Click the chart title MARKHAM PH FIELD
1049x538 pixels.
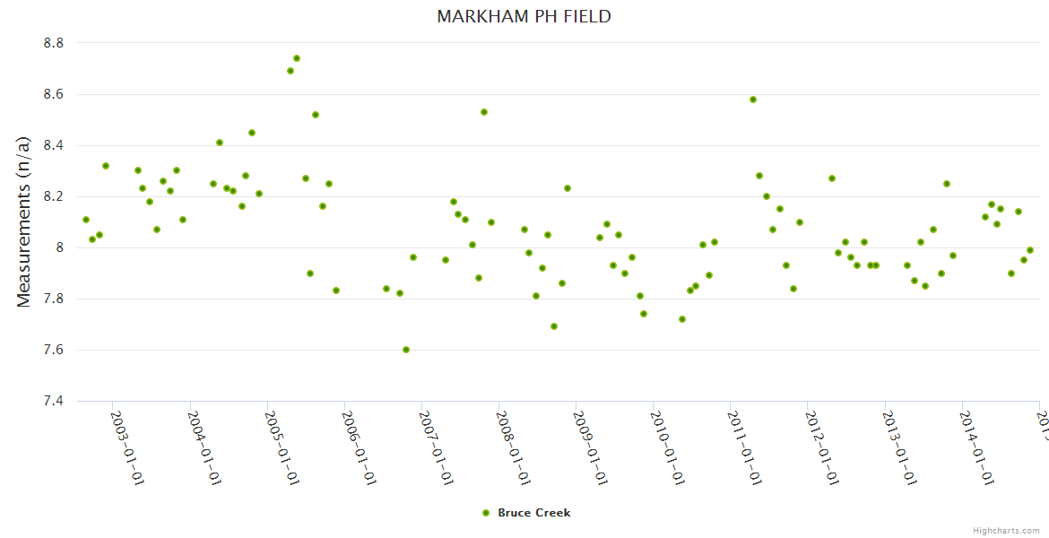pos(524,16)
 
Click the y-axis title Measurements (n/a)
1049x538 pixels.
pos(24,221)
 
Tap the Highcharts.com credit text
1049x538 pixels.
pos(1006,530)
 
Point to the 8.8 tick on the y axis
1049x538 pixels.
pos(53,43)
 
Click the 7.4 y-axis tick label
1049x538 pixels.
pos(53,401)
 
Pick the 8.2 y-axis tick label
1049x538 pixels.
pos(53,196)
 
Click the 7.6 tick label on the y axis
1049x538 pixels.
pos(53,350)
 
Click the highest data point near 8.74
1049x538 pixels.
pos(297,58)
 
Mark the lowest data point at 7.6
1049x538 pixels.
pos(406,350)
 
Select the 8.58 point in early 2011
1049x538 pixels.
pos(753,100)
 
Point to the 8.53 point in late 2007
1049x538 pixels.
pos(484,112)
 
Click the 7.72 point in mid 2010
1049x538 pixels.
pos(682,319)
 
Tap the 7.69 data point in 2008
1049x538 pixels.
pos(554,326)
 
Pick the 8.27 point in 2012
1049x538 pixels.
pos(832,178)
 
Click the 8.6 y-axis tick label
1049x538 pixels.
pos(53,94)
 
